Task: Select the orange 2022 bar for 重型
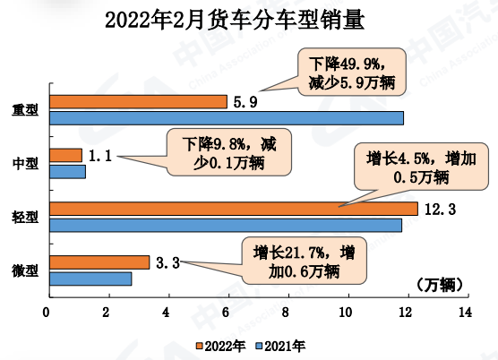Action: [137, 101]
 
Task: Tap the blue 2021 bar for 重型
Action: [225, 117]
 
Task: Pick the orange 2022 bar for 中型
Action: [65, 155]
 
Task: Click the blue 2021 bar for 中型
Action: [67, 171]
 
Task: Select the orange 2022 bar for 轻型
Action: [233, 209]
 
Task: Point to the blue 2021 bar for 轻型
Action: [225, 225]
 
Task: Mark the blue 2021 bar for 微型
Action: [90, 278]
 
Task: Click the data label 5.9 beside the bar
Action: [245, 101]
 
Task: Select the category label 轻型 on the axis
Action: [25, 218]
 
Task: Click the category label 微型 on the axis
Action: [25, 270]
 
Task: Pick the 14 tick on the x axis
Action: [465, 313]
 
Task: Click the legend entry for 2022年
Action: [220, 345]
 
